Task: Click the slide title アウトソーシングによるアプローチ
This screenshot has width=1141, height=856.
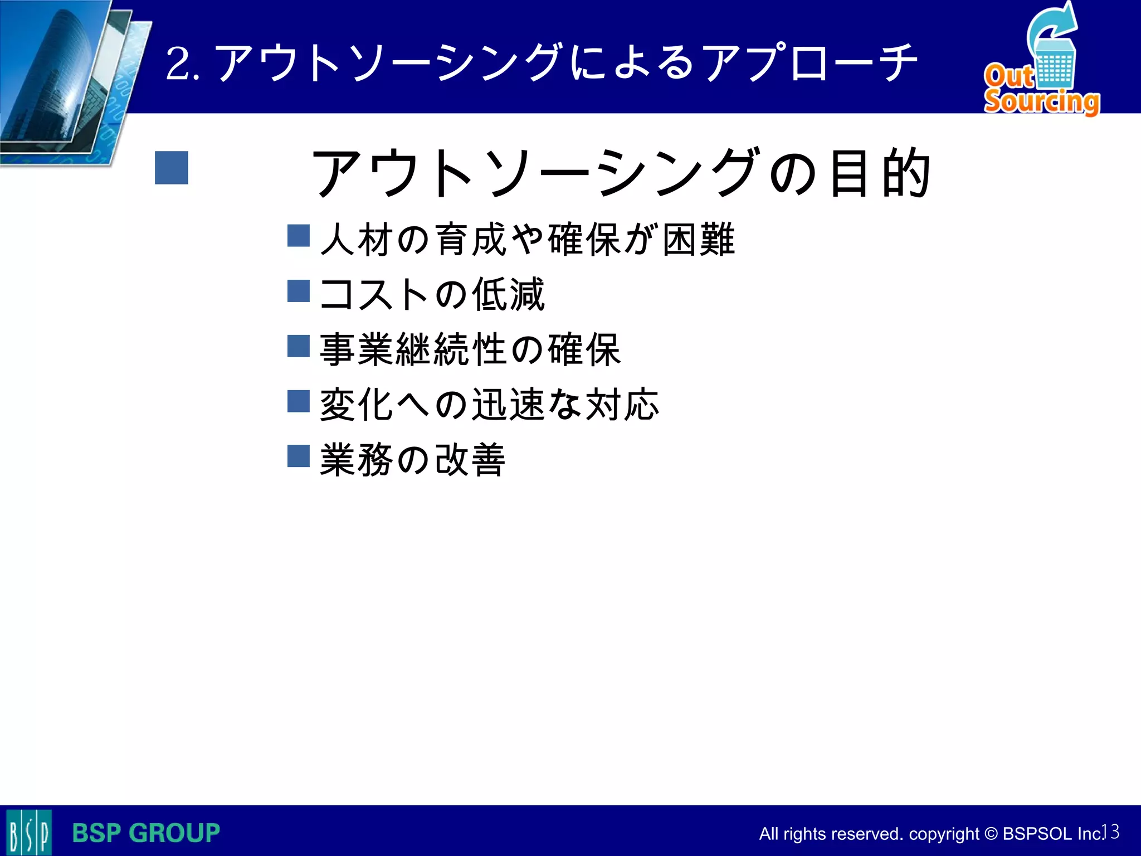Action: [565, 62]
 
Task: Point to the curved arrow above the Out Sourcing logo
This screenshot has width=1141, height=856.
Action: [1052, 25]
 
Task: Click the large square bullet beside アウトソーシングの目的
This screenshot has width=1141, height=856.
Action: [172, 168]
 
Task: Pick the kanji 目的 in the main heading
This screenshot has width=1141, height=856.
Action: [879, 173]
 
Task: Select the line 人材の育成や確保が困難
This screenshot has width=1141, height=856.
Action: [527, 239]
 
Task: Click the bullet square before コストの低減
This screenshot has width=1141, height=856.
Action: [299, 290]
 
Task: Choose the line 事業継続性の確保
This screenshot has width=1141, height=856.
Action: [470, 349]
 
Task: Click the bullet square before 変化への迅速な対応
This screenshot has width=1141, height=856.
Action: [299, 401]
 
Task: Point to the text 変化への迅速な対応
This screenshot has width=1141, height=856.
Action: [489, 404]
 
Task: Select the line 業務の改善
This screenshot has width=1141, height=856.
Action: [412, 460]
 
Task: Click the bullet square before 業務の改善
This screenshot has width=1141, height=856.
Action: [299, 456]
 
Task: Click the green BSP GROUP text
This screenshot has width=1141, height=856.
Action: [146, 833]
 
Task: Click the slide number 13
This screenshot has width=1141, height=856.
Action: [1111, 831]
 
